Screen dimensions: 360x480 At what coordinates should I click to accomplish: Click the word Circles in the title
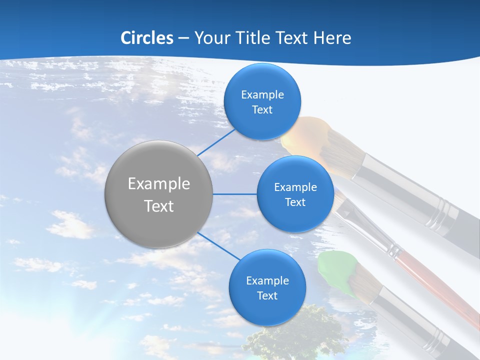(147, 38)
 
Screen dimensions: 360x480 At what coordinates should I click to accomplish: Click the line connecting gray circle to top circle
(216, 141)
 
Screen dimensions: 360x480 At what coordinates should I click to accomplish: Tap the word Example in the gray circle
(159, 184)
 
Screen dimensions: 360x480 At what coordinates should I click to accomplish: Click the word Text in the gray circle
(159, 206)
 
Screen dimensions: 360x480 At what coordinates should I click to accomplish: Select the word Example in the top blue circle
(262, 95)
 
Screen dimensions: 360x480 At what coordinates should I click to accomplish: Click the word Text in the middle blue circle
(295, 202)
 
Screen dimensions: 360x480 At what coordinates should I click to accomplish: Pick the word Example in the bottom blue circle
(267, 280)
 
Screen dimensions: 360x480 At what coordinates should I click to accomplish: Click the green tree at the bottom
(295, 335)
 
